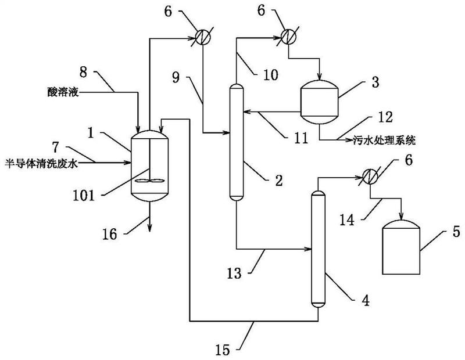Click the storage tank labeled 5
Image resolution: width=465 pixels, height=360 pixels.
[401, 244]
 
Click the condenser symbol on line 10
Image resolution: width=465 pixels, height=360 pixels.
[285, 36]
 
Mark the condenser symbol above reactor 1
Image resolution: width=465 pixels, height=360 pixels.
[201, 36]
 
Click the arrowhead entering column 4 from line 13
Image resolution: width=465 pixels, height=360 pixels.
[309, 249]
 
